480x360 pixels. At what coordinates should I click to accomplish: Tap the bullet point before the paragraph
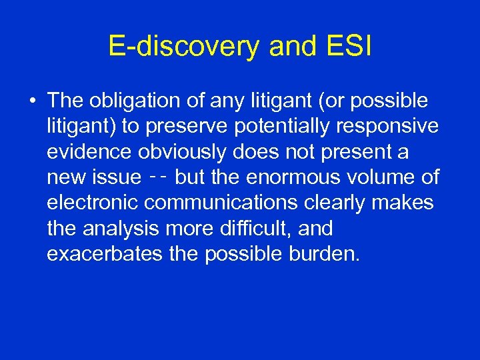[32, 101]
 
